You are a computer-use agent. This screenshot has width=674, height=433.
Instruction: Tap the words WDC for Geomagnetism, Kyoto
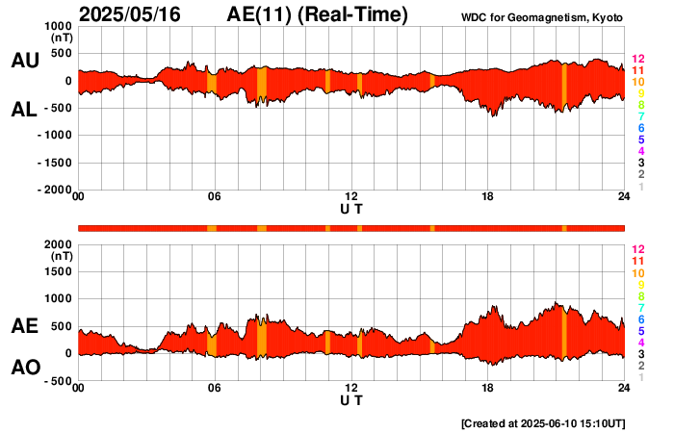tap(543, 16)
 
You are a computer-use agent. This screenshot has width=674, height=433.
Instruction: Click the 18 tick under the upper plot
tap(488, 197)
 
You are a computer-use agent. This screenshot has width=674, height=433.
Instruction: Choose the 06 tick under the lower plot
tap(215, 389)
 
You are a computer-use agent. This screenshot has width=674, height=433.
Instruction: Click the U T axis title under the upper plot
tap(351, 208)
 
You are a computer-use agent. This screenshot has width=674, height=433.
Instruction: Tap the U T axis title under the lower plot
tap(351, 400)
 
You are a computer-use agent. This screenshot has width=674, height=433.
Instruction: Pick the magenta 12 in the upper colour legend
tap(636, 60)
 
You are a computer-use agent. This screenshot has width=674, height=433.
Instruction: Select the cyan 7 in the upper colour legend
tap(639, 116)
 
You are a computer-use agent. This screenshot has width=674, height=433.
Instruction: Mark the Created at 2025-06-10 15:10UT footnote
tap(543, 423)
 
